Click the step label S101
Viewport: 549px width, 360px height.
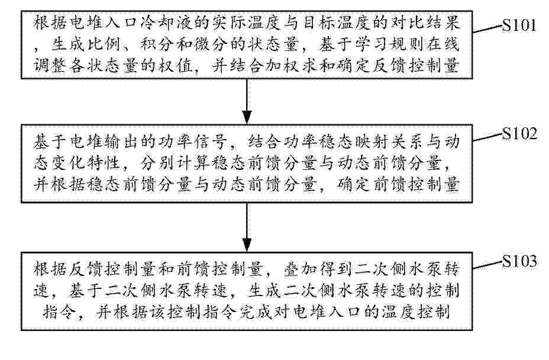[x=519, y=25]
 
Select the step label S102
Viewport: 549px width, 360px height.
[x=519, y=134]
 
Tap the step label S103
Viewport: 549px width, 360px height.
[x=519, y=261]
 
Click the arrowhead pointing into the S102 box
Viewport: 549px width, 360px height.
[x=247, y=117]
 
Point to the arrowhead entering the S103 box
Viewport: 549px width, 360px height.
[x=247, y=245]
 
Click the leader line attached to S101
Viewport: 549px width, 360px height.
[x=487, y=29]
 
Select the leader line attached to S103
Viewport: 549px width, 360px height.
[x=487, y=265]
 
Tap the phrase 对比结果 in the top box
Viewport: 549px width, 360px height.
[x=426, y=24]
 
